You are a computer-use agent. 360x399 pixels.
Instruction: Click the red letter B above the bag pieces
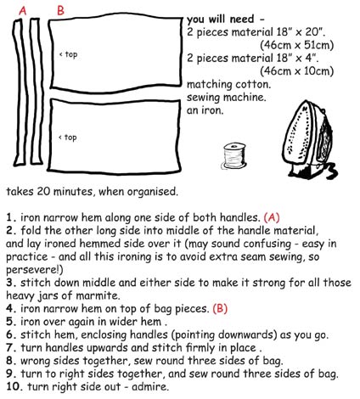click(x=59, y=9)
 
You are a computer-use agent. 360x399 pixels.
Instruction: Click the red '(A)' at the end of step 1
click(x=275, y=216)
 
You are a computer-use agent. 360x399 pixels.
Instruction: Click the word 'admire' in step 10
click(x=144, y=386)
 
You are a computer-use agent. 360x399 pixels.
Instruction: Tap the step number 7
click(x=8, y=347)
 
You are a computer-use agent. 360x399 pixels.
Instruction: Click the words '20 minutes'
click(x=70, y=190)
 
